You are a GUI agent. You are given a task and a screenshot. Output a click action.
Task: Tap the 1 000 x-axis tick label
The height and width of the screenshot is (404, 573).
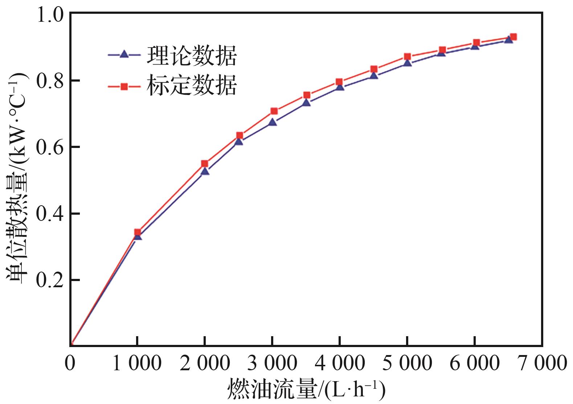click(137, 363)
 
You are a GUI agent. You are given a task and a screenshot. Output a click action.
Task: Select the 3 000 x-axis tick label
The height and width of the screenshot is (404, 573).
click(272, 363)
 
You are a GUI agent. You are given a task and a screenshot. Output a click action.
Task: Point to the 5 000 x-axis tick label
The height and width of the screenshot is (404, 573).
click(407, 363)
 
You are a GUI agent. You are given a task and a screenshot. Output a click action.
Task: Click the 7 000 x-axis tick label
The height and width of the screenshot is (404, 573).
click(542, 363)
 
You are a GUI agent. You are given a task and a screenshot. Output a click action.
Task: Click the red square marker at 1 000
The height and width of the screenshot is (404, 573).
click(138, 232)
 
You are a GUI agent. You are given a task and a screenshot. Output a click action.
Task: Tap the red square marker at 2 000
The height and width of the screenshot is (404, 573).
click(205, 164)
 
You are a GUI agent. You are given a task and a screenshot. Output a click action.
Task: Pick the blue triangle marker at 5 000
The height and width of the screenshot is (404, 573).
click(408, 63)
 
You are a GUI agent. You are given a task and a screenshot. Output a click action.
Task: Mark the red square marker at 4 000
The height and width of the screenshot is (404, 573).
click(339, 82)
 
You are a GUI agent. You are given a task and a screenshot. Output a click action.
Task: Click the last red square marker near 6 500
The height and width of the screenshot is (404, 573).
click(513, 37)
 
